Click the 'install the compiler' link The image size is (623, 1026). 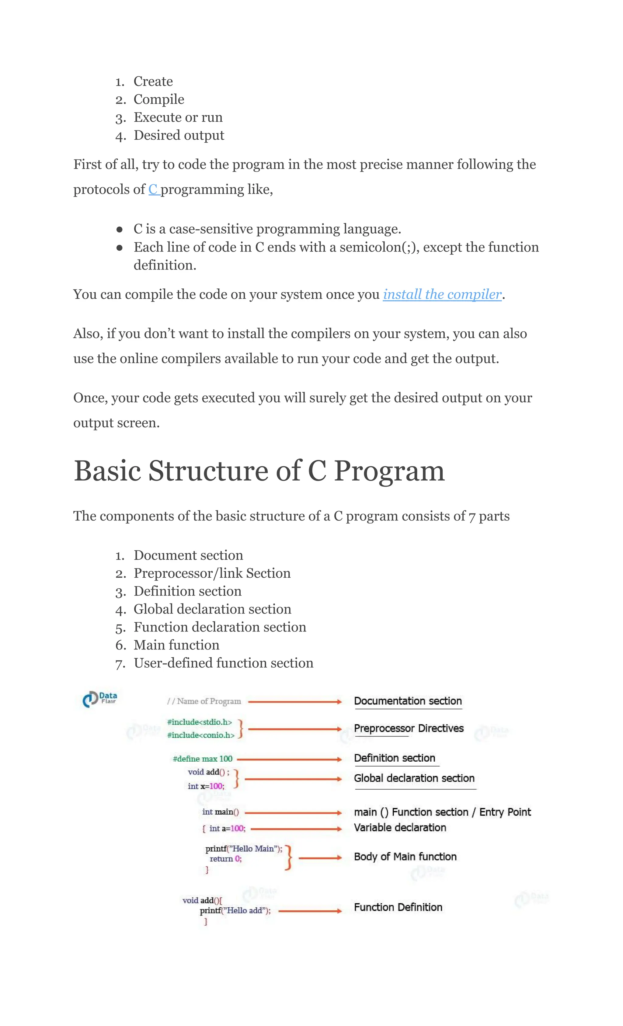click(x=442, y=294)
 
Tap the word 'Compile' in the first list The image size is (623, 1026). click(x=159, y=99)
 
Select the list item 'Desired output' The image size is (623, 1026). click(x=179, y=135)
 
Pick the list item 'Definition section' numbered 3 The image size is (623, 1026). click(x=187, y=591)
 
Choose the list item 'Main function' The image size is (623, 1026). click(x=176, y=645)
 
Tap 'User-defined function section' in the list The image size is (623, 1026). click(x=223, y=663)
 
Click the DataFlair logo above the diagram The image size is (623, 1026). click(x=100, y=699)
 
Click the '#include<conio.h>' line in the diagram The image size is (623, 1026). click(x=201, y=735)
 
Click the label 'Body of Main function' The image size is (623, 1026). click(x=405, y=857)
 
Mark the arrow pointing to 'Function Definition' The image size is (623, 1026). click(x=310, y=911)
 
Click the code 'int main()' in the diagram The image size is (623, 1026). click(x=220, y=812)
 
